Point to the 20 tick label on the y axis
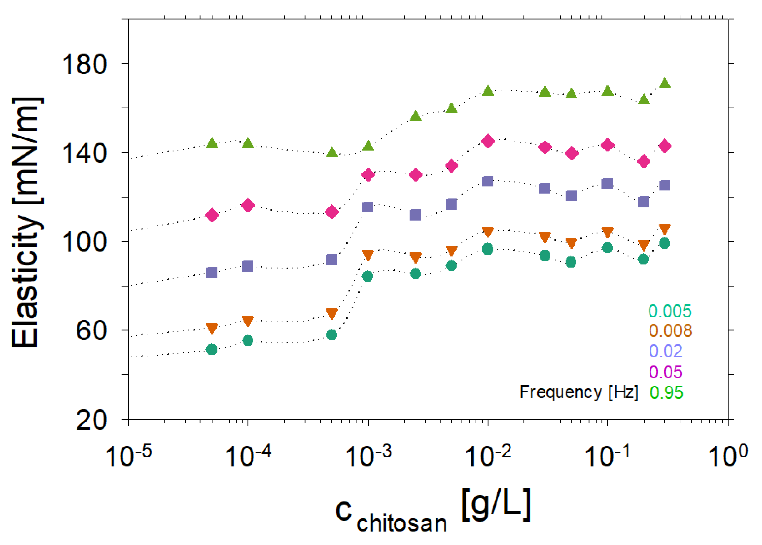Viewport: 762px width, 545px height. coord(91,421)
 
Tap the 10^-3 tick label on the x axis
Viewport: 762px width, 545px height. coord(368,455)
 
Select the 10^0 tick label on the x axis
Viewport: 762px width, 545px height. coord(727,455)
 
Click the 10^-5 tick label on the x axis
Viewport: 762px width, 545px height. coord(128,455)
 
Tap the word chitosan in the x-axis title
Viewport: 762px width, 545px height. coord(402,523)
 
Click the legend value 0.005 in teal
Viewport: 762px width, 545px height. coord(670,311)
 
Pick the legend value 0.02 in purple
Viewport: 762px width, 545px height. coord(666,351)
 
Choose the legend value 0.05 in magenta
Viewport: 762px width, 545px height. coord(666,372)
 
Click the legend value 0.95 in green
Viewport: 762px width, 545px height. coord(666,392)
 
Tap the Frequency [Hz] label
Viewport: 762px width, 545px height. coord(579,392)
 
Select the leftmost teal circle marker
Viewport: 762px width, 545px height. coord(212,350)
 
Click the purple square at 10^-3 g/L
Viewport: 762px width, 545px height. coord(368,207)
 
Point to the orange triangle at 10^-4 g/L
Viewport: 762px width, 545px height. coord(248,321)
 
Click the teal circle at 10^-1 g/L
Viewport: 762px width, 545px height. coord(607,248)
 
